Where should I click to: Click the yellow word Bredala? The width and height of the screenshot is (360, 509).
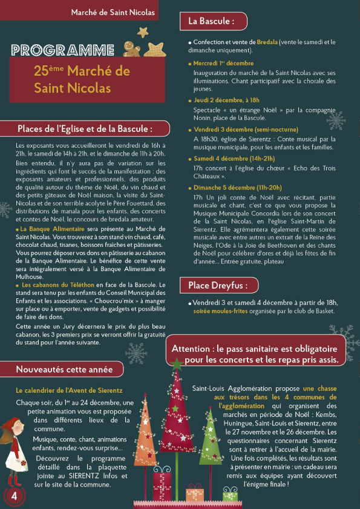[x=267, y=42]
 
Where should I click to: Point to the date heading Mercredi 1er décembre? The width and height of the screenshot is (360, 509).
[x=223, y=63]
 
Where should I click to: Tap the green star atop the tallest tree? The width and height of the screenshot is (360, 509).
[x=177, y=364]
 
